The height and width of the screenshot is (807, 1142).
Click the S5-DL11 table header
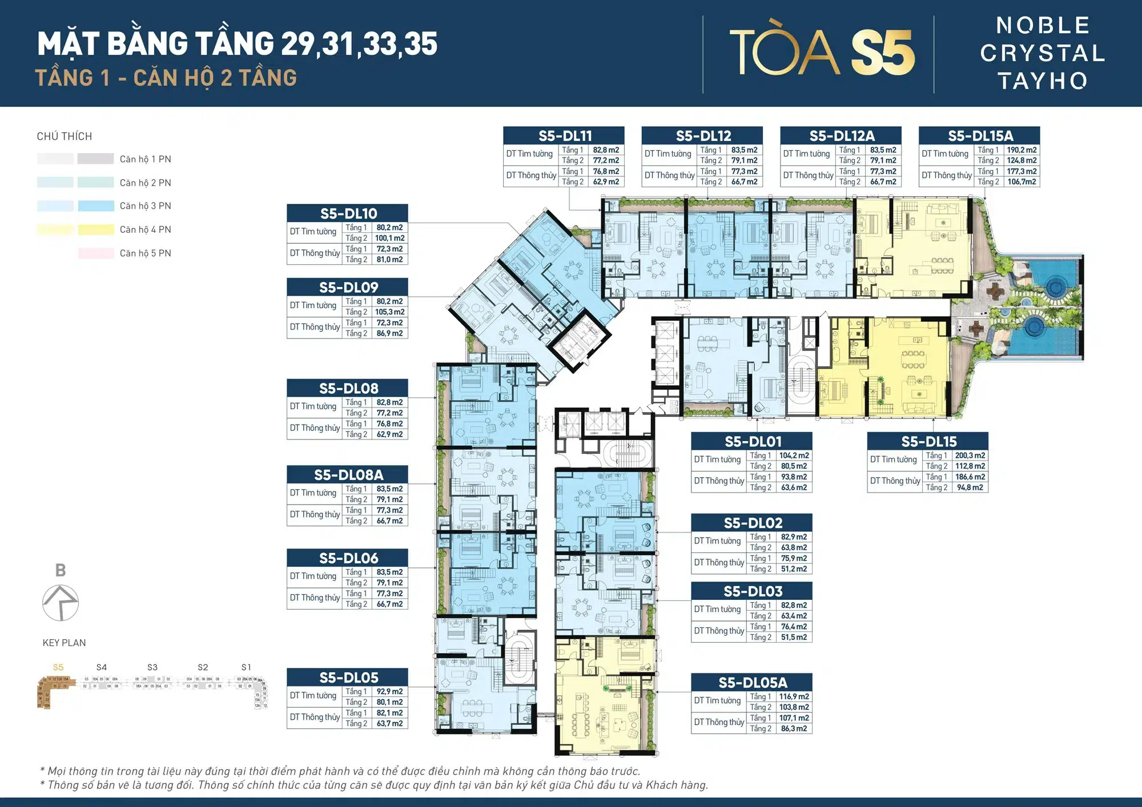tap(564, 135)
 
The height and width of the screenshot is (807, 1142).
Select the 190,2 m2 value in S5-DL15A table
tap(1022, 150)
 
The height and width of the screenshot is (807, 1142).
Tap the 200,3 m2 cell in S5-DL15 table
tap(970, 455)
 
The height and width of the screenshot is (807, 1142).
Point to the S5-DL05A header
tap(752, 682)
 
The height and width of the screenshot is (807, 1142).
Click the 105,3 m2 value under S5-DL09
tap(389, 312)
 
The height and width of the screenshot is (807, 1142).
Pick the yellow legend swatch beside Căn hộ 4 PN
tap(96, 229)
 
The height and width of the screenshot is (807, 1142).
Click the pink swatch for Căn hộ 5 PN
tap(96, 253)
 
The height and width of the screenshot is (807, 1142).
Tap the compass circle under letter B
tap(61, 603)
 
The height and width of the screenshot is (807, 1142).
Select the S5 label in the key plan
tap(58, 667)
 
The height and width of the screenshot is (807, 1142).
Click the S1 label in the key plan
tap(246, 667)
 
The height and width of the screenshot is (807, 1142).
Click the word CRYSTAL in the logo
tap(1043, 53)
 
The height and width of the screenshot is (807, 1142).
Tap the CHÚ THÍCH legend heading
tap(64, 136)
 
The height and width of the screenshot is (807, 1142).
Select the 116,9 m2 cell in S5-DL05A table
tap(794, 697)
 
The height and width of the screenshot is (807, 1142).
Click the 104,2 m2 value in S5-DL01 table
tap(794, 455)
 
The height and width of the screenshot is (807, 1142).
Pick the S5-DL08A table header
tap(348, 474)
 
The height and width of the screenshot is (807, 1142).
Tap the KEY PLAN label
tap(64, 643)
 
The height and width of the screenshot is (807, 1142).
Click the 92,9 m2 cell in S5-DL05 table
tap(389, 692)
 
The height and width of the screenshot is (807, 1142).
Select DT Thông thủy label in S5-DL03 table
tap(719, 631)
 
